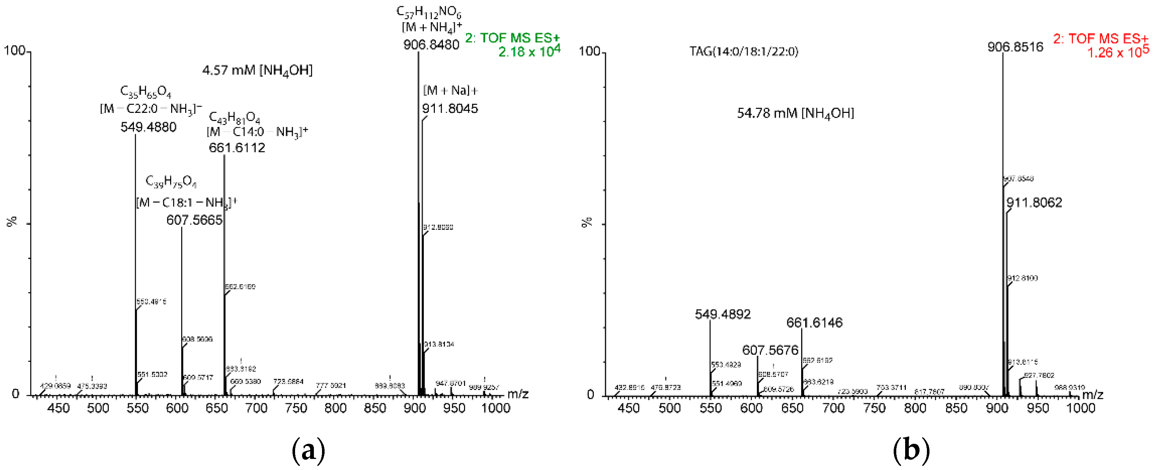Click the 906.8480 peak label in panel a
pyautogui.click(x=431, y=45)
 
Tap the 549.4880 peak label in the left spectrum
pyautogui.click(x=148, y=127)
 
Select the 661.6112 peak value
pyautogui.click(x=237, y=148)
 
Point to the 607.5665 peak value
pyautogui.click(x=194, y=220)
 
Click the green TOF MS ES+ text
pyautogui.click(x=512, y=38)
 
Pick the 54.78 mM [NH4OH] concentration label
pyautogui.click(x=795, y=114)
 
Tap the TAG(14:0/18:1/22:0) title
pyautogui.click(x=744, y=52)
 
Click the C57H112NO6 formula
pyautogui.click(x=429, y=12)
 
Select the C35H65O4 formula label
pyautogui.click(x=145, y=92)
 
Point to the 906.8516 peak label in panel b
pyautogui.click(x=1015, y=47)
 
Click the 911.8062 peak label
pyautogui.click(x=1034, y=203)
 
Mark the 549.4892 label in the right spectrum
pyautogui.click(x=723, y=314)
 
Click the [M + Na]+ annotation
pyautogui.click(x=450, y=91)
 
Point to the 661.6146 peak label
pyautogui.click(x=814, y=323)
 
